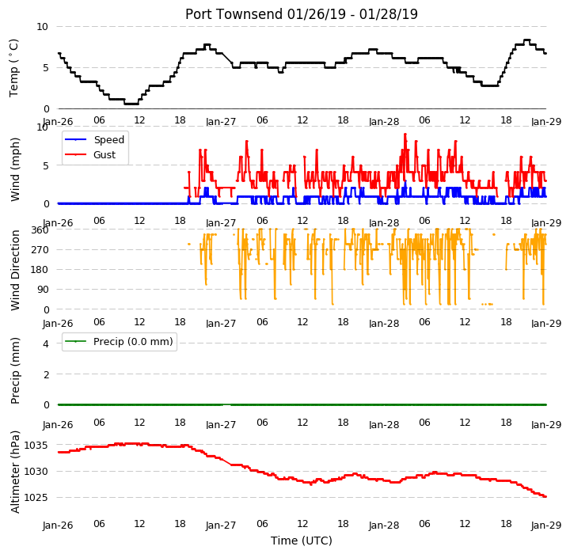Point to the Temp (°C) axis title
click(13, 68)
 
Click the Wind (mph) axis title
click(14, 169)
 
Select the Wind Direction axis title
click(14, 270)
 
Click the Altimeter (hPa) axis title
click(14, 472)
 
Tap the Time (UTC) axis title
click(302, 541)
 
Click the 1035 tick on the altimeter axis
click(36, 446)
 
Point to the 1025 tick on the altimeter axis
click(36, 498)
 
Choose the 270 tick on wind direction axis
click(40, 250)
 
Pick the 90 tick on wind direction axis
click(43, 290)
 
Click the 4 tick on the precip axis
click(46, 344)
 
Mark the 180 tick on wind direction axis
click(40, 270)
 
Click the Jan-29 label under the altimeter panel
click(546, 526)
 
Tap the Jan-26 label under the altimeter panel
click(58, 526)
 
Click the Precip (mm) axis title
click(14, 371)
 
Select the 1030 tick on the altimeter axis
click(36, 472)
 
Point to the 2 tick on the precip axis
click(46, 374)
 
